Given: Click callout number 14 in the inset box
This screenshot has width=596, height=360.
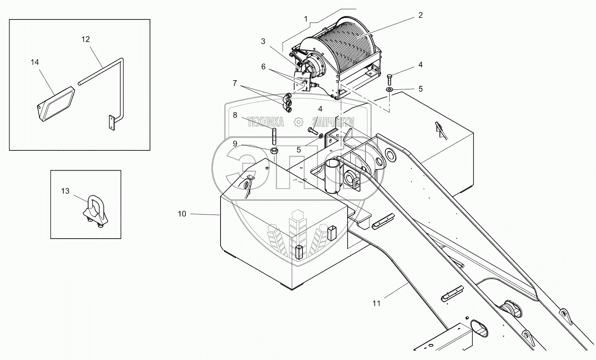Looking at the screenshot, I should [x=35, y=62].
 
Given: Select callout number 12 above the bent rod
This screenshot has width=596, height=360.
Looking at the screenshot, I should [x=85, y=39].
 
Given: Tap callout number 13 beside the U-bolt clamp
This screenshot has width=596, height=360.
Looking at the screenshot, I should [x=65, y=191].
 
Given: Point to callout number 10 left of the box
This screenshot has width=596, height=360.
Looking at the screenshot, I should [x=182, y=214].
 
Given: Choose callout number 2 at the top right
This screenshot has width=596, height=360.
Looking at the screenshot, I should [x=420, y=15].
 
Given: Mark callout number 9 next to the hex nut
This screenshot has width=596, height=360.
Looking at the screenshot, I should [x=235, y=144].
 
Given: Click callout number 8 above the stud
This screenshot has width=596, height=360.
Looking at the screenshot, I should [x=235, y=115].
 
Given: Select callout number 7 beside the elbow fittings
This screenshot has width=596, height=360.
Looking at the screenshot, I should [x=235, y=82].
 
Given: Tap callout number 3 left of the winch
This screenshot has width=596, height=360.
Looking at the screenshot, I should [x=263, y=42].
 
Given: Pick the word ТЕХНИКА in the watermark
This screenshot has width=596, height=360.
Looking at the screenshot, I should [x=266, y=122].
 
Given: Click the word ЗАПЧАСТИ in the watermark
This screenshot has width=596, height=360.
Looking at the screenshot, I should [x=333, y=122].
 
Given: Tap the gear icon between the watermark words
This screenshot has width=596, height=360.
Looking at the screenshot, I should [x=298, y=122].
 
